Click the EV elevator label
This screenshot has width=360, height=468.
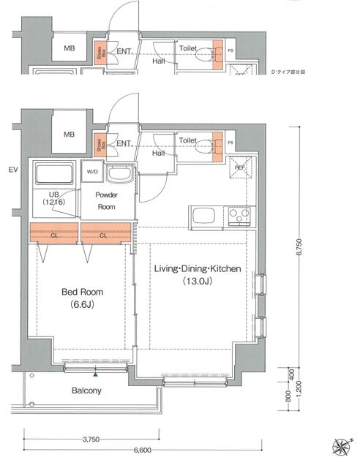pyautogui.click(x=12, y=170)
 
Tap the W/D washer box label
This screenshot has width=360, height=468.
pyautogui.click(x=92, y=173)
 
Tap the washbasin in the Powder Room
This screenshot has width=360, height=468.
pyautogui.click(x=119, y=175)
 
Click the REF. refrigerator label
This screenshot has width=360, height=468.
pyautogui.click(x=239, y=167)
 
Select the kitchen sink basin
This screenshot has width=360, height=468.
pyautogui.click(x=203, y=216)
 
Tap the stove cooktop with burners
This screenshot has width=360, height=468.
pyautogui.click(x=239, y=216)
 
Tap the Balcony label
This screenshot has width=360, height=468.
pyautogui.click(x=86, y=390)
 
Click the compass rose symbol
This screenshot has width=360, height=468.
pyautogui.click(x=340, y=446)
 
